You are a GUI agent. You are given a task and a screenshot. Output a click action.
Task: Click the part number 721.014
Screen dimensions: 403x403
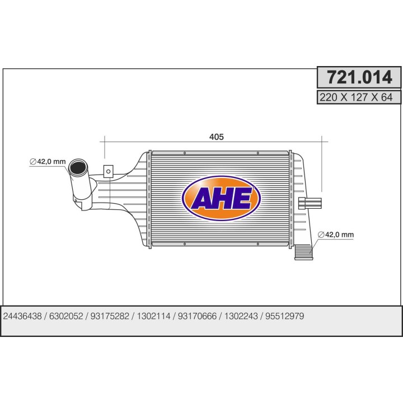click(x=359, y=77)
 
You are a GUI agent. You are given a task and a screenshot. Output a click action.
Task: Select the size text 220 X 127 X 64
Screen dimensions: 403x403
click(x=356, y=97)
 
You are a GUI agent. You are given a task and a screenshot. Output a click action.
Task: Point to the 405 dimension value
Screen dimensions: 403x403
click(x=217, y=137)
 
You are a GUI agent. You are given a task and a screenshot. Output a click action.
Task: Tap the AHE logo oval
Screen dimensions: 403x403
click(x=221, y=198)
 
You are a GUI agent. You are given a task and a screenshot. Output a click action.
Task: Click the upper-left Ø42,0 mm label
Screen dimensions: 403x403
click(x=48, y=162)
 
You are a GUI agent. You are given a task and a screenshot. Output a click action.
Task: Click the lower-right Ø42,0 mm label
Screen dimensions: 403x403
click(x=336, y=235)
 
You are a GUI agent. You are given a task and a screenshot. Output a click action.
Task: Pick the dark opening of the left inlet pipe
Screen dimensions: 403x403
click(x=77, y=167)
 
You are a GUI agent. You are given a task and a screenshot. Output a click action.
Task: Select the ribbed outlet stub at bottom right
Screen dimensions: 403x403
click(x=303, y=252)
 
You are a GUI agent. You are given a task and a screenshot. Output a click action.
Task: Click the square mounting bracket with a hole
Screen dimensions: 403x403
click(x=108, y=171)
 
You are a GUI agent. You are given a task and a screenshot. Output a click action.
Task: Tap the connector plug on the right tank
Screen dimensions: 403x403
click(x=310, y=203)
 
